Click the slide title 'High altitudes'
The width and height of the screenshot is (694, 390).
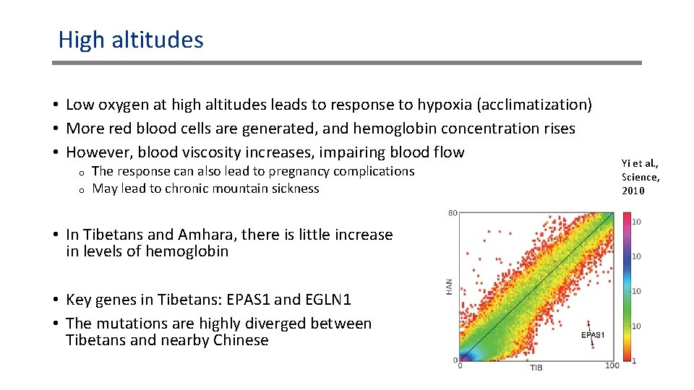(x=131, y=39)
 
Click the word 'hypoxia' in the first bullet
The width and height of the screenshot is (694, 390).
(x=445, y=105)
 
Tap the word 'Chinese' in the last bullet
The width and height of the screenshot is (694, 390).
(x=241, y=340)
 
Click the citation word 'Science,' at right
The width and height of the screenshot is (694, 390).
(x=641, y=177)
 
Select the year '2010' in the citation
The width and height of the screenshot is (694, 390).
(x=633, y=191)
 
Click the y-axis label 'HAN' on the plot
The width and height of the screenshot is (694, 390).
(x=449, y=287)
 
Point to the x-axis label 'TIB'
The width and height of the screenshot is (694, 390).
(x=536, y=368)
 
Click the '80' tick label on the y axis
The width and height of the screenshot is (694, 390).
(x=453, y=213)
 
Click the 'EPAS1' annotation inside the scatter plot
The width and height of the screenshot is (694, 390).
(x=593, y=335)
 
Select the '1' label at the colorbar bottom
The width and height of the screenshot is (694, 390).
(x=635, y=359)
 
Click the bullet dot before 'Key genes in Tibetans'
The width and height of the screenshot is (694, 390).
(x=56, y=300)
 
